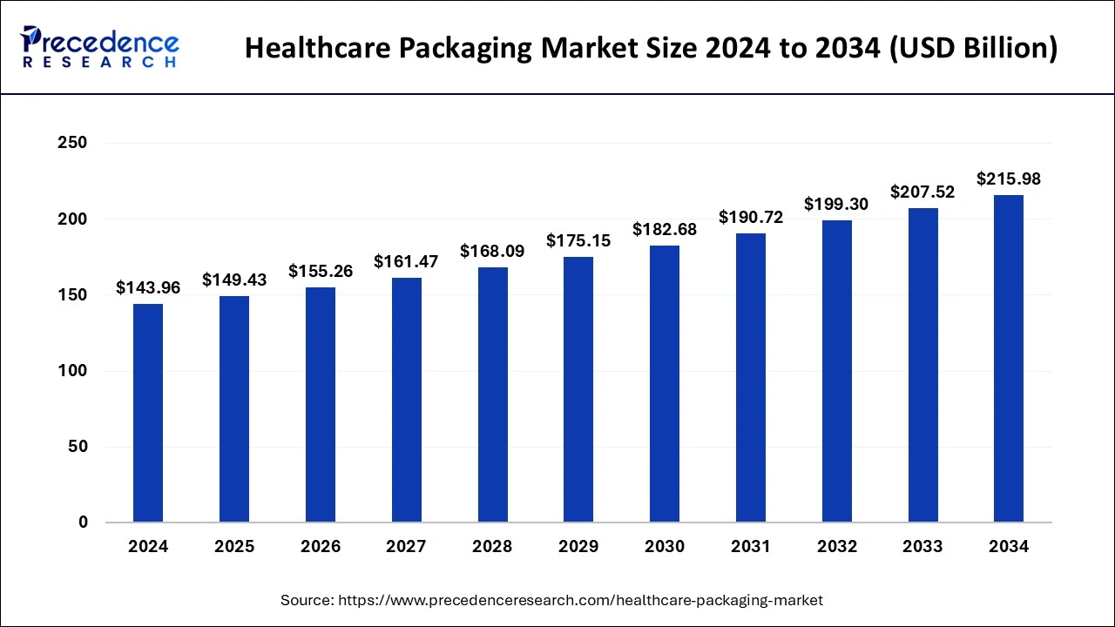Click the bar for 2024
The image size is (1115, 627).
tap(148, 413)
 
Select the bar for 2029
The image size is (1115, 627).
tap(578, 389)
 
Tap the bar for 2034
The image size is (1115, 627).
tap(1009, 359)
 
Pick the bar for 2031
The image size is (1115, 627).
tap(750, 378)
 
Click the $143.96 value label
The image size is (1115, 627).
tap(148, 287)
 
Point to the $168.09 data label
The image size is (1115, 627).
tap(492, 252)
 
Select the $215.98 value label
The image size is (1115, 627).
tap(1009, 179)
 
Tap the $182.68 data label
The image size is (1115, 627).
tap(665, 230)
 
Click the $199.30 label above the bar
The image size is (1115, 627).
tap(836, 205)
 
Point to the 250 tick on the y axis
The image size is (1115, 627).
tap(72, 143)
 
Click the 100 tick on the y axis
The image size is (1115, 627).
tap(72, 371)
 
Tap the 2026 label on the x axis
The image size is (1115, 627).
tap(321, 547)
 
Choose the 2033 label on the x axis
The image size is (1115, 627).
tap(922, 547)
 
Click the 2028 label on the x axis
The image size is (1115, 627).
tap(492, 547)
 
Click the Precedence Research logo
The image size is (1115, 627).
tap(100, 48)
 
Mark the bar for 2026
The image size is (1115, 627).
tap(321, 405)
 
